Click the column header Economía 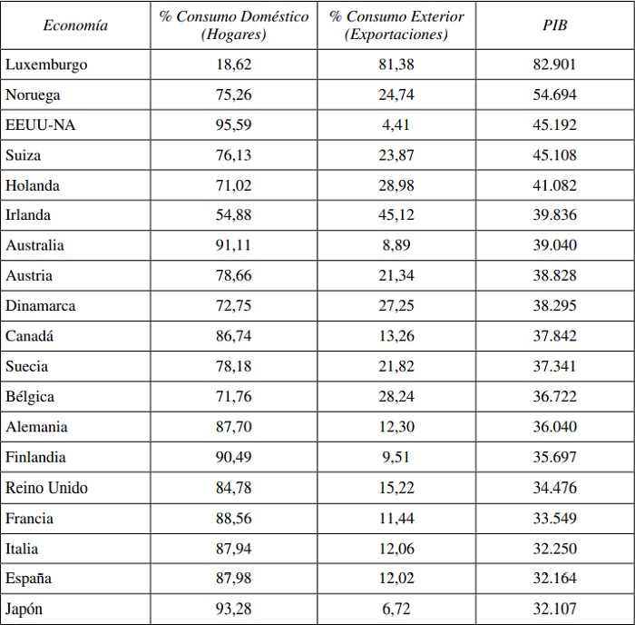pyautogui.click(x=75, y=25)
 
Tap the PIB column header pyautogui.click(x=554, y=25)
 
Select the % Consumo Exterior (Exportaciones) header pyautogui.click(x=396, y=25)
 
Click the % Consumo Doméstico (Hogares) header pyautogui.click(x=234, y=25)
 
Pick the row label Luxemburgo pyautogui.click(x=46, y=64)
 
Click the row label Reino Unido pyautogui.click(x=46, y=488)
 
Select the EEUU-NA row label pyautogui.click(x=41, y=124)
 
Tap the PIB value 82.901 pyautogui.click(x=554, y=64)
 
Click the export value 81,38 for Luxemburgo pyautogui.click(x=396, y=64)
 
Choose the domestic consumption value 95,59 pyautogui.click(x=234, y=124)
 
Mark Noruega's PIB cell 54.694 pyautogui.click(x=554, y=94)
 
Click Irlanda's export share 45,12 pyautogui.click(x=396, y=215)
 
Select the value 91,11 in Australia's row pyautogui.click(x=234, y=245)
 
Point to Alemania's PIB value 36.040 pyautogui.click(x=554, y=427)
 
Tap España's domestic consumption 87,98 pyautogui.click(x=234, y=579)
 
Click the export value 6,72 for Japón pyautogui.click(x=396, y=609)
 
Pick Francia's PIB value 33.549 pyautogui.click(x=554, y=518)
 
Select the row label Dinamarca pyautogui.click(x=41, y=306)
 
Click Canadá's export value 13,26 pyautogui.click(x=396, y=336)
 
